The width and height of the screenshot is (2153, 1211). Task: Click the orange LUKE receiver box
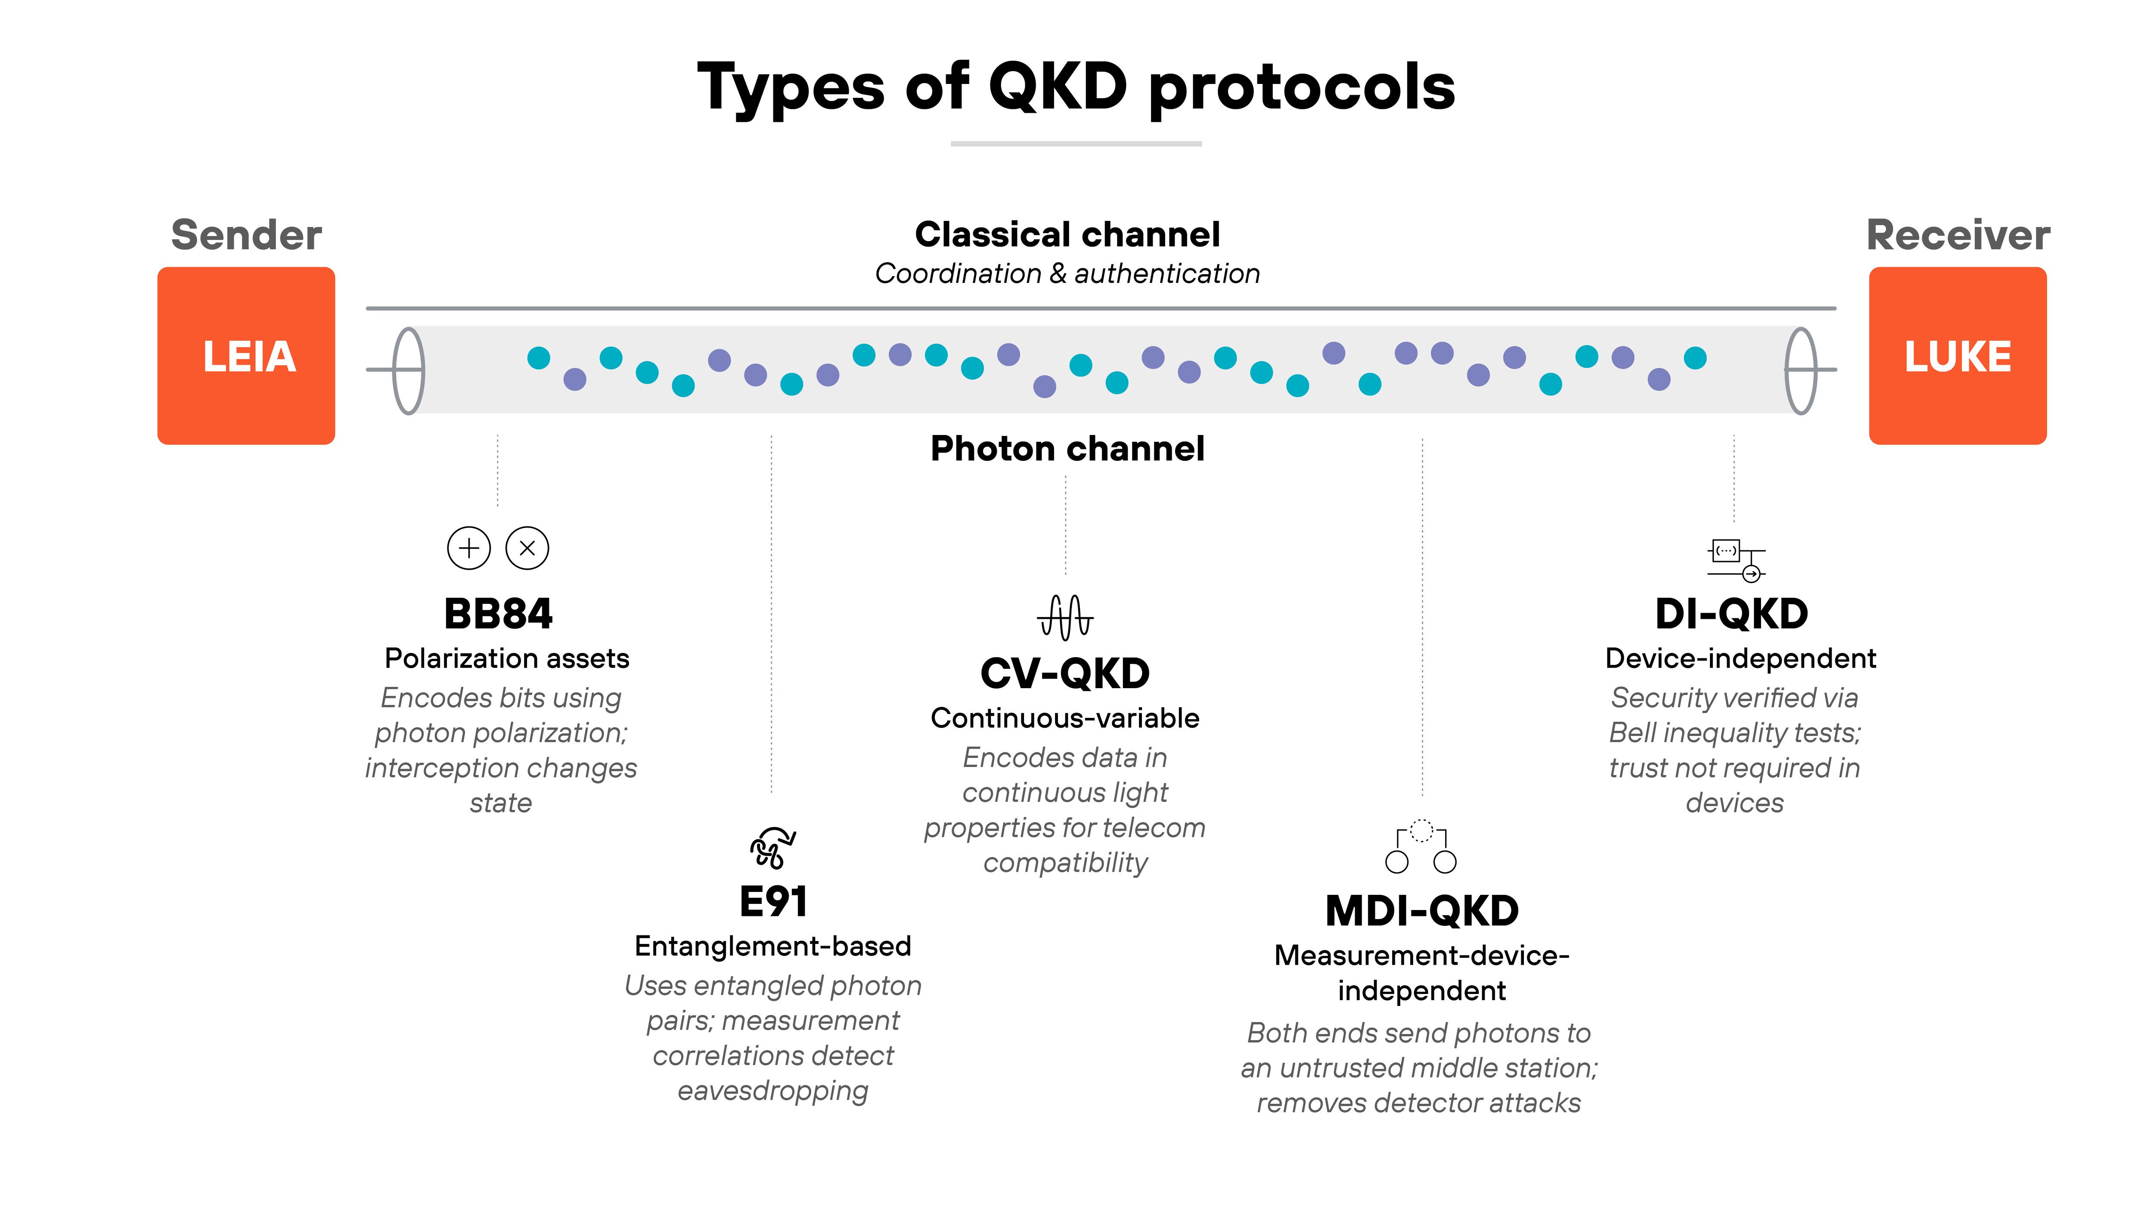point(1958,356)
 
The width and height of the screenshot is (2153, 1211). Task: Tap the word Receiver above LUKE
point(1958,235)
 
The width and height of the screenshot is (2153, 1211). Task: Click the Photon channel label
point(1067,449)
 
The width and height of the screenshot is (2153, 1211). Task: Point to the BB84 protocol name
point(498,614)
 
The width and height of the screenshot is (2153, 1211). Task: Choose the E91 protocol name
point(773,902)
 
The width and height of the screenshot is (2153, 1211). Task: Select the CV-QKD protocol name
point(1065,674)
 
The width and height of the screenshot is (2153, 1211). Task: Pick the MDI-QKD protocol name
point(1422,911)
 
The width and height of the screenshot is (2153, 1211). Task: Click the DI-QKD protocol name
point(1732,614)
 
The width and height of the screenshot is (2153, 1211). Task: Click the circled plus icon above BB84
point(469,548)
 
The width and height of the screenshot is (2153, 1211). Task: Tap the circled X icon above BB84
point(527,548)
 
